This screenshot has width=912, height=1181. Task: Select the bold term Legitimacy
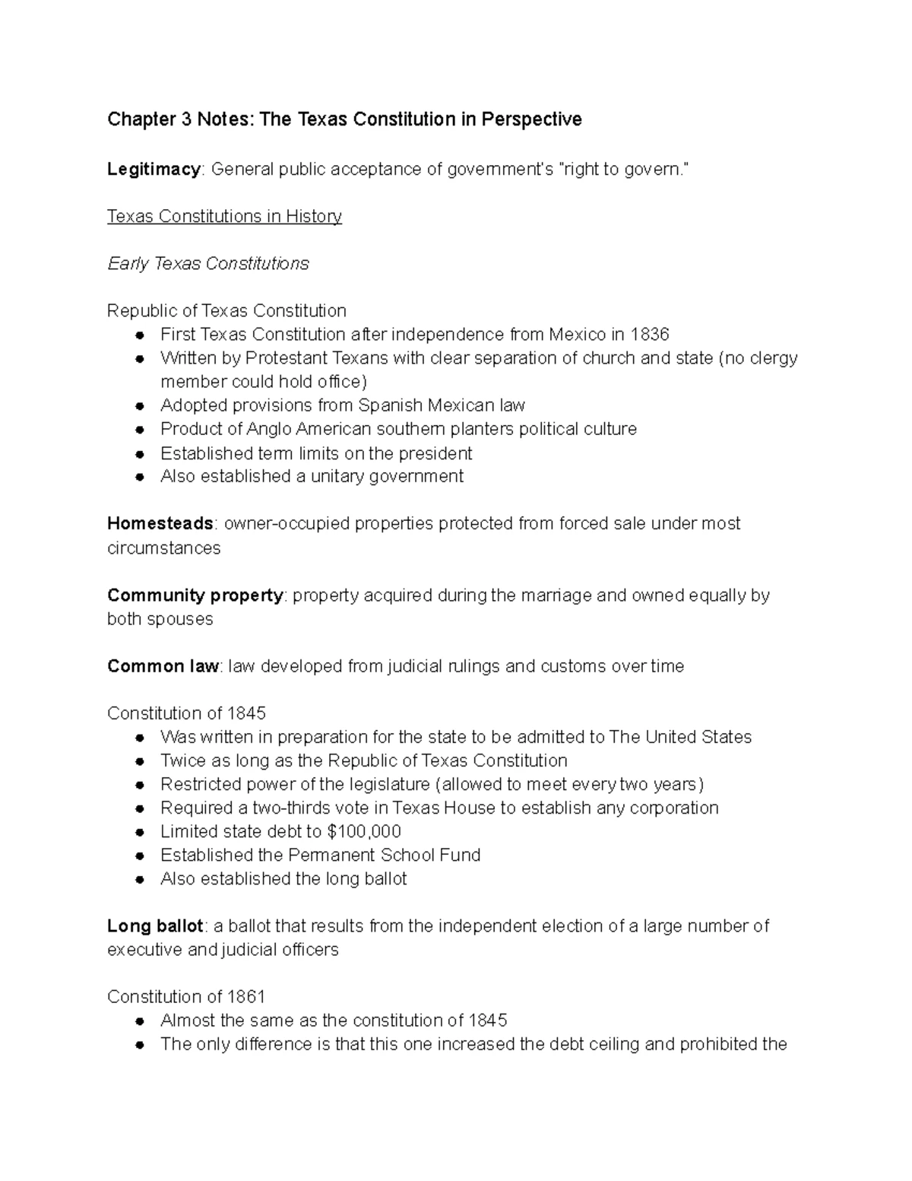[x=154, y=169]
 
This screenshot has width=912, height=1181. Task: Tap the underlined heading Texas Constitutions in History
[x=224, y=216]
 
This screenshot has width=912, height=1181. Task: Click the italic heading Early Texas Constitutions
[x=208, y=263]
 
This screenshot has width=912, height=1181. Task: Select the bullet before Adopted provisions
[x=140, y=406]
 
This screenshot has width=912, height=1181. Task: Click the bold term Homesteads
[x=160, y=523]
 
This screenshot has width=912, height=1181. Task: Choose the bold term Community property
[x=195, y=595]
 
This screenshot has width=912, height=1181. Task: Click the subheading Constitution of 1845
[x=186, y=713]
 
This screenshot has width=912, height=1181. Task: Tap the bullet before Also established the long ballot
[x=140, y=880]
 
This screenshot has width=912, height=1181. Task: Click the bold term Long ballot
[x=155, y=925]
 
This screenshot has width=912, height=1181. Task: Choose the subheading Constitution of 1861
[x=186, y=996]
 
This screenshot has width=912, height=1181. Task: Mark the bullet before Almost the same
[x=140, y=1021]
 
